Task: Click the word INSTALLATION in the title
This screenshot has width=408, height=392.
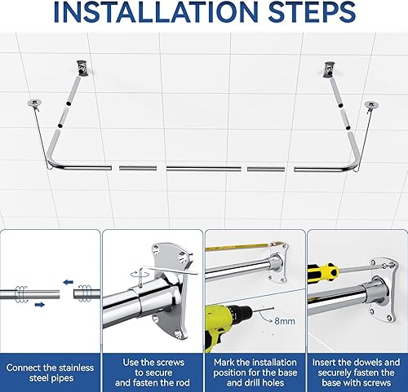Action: click(x=155, y=12)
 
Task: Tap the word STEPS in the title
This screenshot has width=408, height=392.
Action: click(x=312, y=12)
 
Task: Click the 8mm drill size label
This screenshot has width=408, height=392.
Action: click(x=285, y=321)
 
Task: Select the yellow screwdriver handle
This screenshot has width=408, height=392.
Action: click(x=322, y=272)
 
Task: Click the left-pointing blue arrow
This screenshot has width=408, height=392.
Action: click(x=68, y=282)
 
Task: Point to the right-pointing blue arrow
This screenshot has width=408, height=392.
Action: click(x=40, y=305)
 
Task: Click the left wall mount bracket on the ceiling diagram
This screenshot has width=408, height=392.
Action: click(x=82, y=68)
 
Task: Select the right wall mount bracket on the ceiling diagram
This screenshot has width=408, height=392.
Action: click(x=330, y=69)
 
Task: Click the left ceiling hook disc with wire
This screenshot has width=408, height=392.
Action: click(x=34, y=103)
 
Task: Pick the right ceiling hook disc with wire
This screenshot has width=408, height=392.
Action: click(x=371, y=105)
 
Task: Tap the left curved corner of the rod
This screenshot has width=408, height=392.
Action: click(x=52, y=162)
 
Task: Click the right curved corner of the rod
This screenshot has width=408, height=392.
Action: click(x=353, y=164)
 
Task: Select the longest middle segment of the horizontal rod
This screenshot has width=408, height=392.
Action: click(x=204, y=169)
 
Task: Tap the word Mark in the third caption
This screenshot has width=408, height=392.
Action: click(x=224, y=362)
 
